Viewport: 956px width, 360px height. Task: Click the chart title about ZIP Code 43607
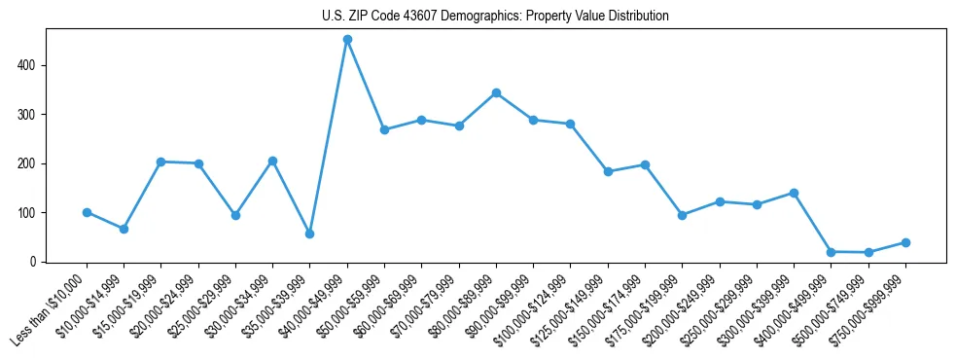(495, 16)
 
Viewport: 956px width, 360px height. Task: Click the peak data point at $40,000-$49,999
(347, 39)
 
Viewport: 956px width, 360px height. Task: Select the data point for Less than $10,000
(87, 212)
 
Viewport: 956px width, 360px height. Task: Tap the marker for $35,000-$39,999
(309, 234)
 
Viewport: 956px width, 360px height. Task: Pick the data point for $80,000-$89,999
(496, 92)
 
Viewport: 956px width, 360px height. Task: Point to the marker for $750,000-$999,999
(905, 242)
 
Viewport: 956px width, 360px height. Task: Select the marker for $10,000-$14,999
(124, 229)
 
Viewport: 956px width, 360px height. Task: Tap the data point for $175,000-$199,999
(682, 215)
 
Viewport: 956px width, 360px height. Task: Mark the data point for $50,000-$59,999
(384, 129)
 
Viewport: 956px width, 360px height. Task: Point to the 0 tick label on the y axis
(33, 262)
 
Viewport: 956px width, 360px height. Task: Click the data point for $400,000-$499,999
(831, 252)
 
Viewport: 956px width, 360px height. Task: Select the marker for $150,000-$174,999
(645, 164)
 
